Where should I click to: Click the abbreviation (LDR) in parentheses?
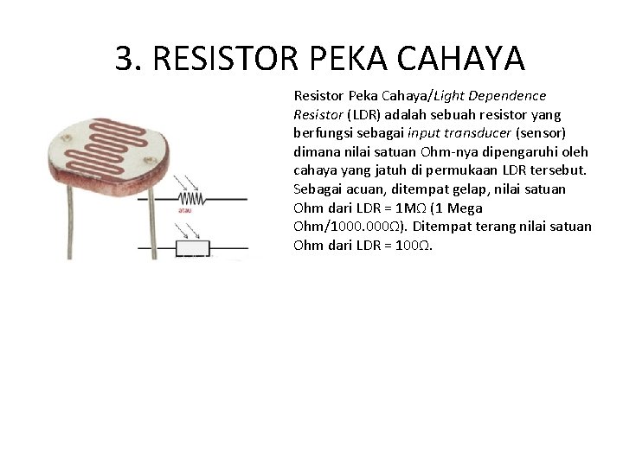pyautogui.click(x=348, y=114)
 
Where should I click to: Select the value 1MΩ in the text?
pyautogui.click(x=414, y=208)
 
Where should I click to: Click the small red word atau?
pyautogui.click(x=184, y=208)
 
